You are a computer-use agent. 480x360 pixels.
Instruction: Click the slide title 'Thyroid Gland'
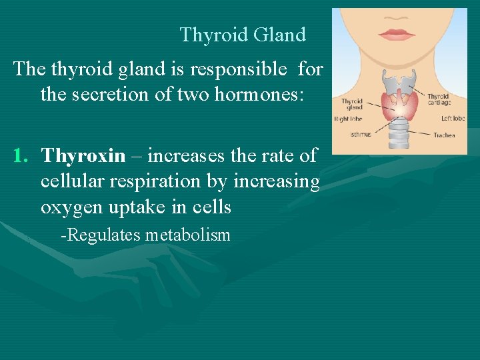tap(243, 35)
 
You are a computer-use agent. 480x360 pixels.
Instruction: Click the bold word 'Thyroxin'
tap(83, 155)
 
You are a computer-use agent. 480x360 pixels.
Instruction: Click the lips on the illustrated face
tap(397, 34)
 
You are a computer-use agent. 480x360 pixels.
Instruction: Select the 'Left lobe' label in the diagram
tap(453, 119)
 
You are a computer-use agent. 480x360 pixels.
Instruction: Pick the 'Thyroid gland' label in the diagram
tap(352, 104)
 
